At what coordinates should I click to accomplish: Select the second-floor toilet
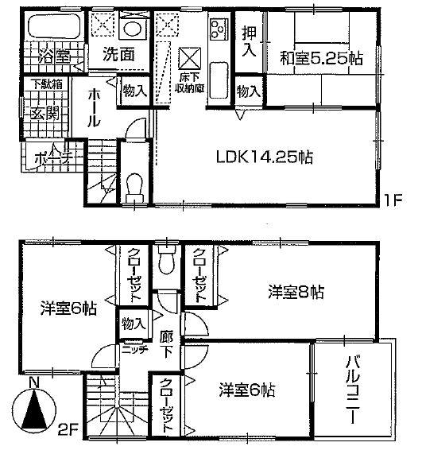165,261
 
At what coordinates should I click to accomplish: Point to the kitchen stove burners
219,31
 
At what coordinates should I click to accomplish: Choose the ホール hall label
94,107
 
